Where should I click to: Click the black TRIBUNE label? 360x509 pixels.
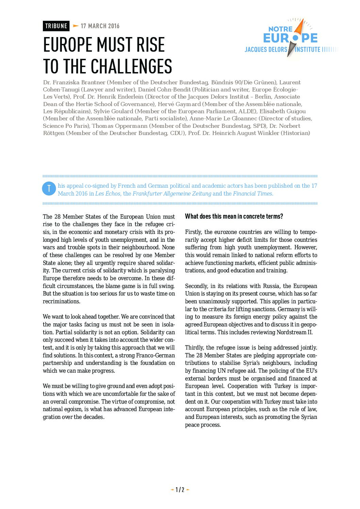[56, 26]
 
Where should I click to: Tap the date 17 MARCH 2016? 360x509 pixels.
[100, 26]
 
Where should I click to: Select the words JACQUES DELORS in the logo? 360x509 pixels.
[266, 50]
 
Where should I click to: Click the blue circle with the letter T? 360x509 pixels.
[49, 189]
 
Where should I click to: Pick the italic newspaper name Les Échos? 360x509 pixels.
[108, 193]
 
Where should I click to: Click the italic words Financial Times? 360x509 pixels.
[253, 193]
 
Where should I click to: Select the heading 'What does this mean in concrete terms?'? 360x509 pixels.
[234, 216]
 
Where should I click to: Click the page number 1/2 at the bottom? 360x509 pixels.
[180, 490]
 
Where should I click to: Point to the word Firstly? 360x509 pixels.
[193, 232]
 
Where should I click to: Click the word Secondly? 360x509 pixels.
[196, 286]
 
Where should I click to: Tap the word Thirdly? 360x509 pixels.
[194, 347]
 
